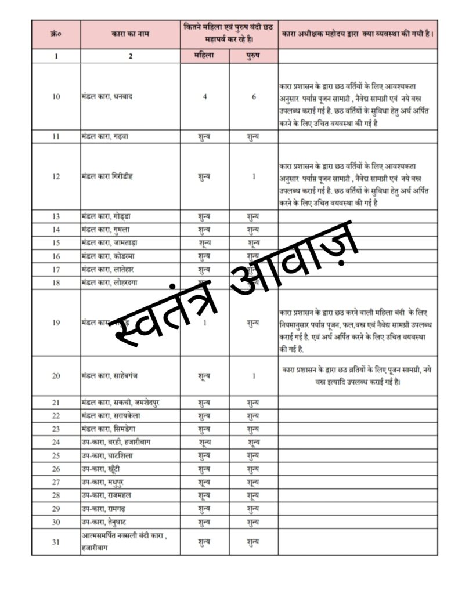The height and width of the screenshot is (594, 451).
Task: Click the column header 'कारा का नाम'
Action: [x=130, y=34]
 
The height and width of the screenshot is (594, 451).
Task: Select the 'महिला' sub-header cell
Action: [x=205, y=56]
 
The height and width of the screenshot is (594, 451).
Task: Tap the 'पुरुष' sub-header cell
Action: [x=254, y=56]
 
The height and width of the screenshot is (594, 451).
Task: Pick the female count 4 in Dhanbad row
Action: [x=205, y=97]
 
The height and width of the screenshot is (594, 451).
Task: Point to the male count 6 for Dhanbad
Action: [x=254, y=97]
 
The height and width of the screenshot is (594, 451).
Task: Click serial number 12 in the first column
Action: [x=56, y=176]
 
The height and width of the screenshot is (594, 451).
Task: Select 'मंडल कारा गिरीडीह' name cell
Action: [x=107, y=176]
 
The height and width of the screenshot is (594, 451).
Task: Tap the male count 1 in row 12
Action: [x=254, y=176]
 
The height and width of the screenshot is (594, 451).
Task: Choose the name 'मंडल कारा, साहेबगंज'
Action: [x=110, y=375]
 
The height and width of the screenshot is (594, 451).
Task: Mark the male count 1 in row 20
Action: [x=254, y=375]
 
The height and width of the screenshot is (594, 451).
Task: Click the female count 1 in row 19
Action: [x=205, y=323]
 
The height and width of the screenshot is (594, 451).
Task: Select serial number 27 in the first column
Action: [x=56, y=482]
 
